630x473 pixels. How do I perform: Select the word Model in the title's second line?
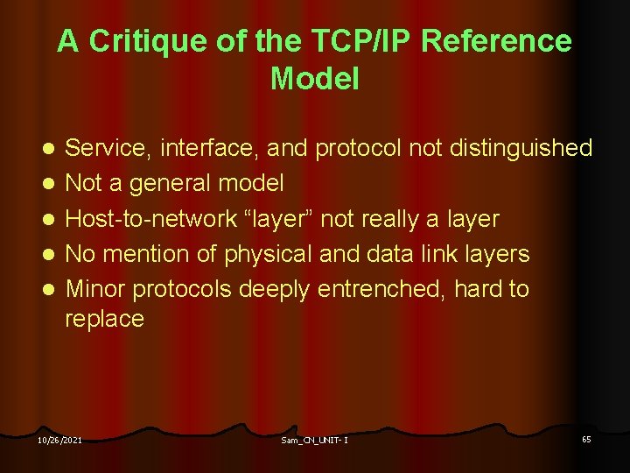coord(315,79)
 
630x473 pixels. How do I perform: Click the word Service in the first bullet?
coord(109,148)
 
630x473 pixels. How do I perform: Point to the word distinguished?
coord(521,148)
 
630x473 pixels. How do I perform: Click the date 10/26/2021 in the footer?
coord(59,440)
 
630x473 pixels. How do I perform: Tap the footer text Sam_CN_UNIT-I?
coord(315,440)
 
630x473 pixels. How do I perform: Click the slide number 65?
coord(586,438)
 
